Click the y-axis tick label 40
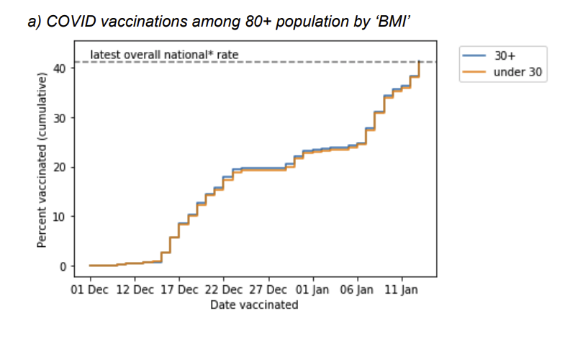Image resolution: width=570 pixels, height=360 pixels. pos(63,68)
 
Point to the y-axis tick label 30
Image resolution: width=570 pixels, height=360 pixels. pos(63,118)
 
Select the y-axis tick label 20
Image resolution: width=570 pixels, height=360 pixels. pos(63,167)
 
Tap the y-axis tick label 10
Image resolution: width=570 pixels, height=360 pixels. pos(63,217)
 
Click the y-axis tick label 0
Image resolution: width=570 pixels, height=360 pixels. pos(65,266)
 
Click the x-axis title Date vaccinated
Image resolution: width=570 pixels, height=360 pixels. pos(254,305)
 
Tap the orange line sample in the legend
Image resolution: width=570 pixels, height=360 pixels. pos(475,72)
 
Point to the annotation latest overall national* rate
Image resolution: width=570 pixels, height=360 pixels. pos(164,54)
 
